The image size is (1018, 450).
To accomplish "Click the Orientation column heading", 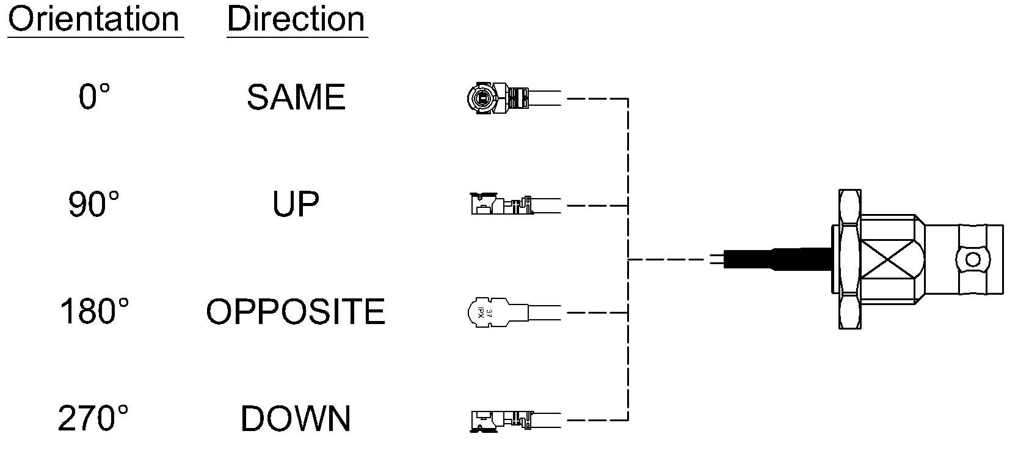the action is [93, 19].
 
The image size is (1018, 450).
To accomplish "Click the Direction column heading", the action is [296, 19].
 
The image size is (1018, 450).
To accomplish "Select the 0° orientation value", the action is [95, 97].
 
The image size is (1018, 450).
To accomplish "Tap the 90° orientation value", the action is [93, 204].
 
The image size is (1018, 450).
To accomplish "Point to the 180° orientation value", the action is [94, 311].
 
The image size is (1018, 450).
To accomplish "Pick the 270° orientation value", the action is [93, 418].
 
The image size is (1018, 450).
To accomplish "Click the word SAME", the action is [296, 97].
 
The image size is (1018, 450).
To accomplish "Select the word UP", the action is [296, 204].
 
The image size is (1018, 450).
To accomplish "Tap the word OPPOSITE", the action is [296, 311].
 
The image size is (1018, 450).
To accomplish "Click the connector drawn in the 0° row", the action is [514, 98].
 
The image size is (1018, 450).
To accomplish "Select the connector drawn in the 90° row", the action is [515, 204].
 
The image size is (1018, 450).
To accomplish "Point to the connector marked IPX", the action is [514, 312].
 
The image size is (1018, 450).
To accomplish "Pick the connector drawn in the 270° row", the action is [515, 420].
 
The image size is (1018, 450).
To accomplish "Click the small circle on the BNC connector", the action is [973, 260].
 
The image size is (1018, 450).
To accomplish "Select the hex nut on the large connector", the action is [849, 259].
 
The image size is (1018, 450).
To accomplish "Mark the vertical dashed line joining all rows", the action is [628, 259].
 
